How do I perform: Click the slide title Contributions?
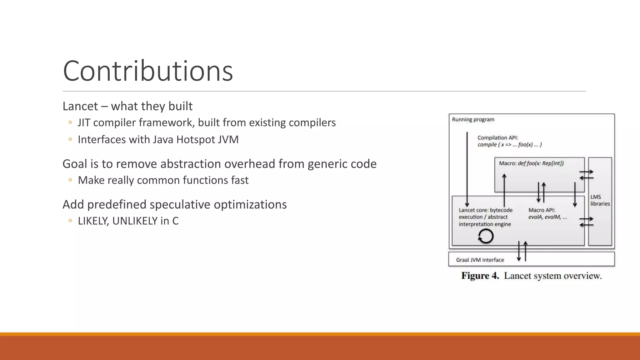point(148,71)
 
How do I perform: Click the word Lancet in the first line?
point(80,106)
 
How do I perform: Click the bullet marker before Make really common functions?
point(70,180)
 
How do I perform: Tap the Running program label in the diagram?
point(473,119)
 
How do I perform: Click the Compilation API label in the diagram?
point(497,137)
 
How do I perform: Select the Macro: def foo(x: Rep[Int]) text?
point(531,163)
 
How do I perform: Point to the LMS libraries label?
point(600,200)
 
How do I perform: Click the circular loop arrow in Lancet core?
point(486,236)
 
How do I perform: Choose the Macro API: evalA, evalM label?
point(547,213)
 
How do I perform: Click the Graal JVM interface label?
point(480,260)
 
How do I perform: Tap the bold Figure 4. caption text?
point(480,276)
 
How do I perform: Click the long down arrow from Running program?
point(467,169)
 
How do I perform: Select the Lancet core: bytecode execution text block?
point(485,217)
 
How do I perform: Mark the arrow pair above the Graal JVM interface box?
point(522,251)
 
